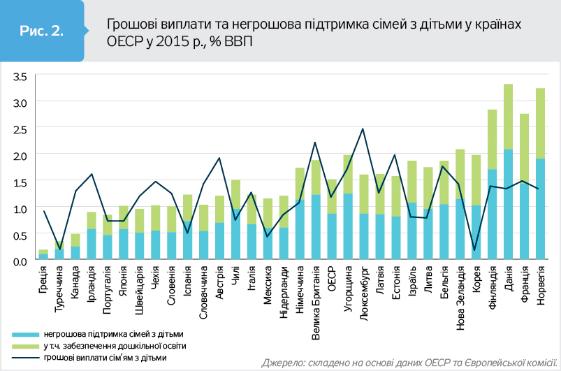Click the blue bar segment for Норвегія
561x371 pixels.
coord(540,210)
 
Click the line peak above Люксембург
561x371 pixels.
coord(363,129)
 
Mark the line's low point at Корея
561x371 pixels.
coord(476,249)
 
